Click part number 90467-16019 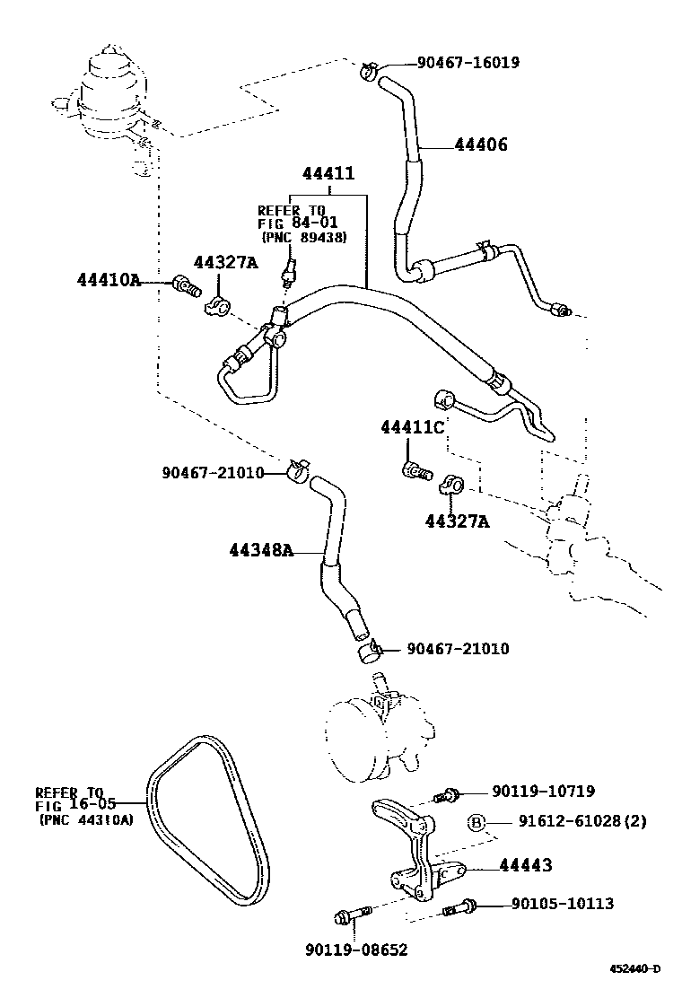coord(468,63)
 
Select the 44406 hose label coord(481,144)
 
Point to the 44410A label coord(109,280)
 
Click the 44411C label coord(412,427)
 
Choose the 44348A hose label coord(261,550)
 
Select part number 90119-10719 coord(543,792)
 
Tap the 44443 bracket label coord(525,866)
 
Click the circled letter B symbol coord(477,823)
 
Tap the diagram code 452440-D coord(635,968)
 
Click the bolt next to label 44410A coord(184,287)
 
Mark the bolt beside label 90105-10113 coord(460,908)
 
